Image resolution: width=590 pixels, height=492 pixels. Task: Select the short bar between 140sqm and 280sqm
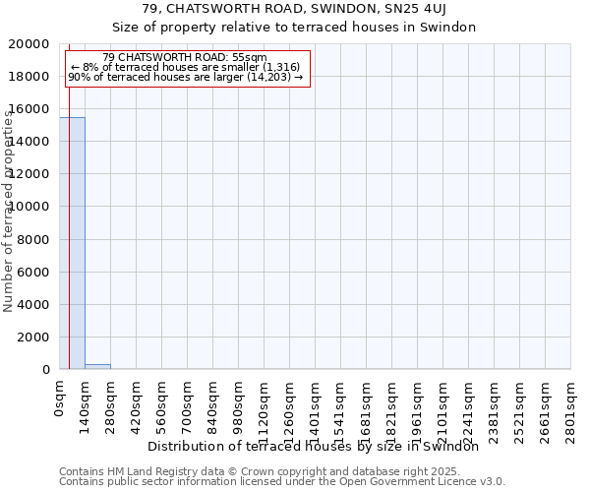click(x=97, y=366)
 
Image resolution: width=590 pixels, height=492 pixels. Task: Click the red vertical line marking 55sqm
click(x=69, y=246)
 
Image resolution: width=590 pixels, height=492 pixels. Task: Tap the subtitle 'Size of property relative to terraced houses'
click(x=293, y=28)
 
